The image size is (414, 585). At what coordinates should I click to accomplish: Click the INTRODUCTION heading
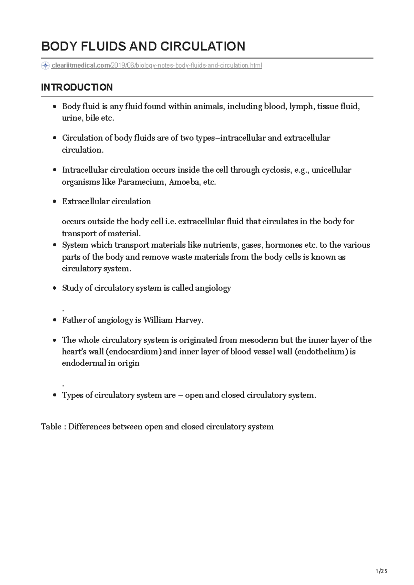(x=77, y=88)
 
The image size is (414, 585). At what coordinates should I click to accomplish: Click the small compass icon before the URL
(x=45, y=66)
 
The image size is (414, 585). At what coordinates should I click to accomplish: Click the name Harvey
(x=189, y=320)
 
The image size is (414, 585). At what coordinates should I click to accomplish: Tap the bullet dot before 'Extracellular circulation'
(x=55, y=202)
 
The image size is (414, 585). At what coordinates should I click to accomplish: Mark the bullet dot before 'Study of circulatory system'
(x=55, y=288)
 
